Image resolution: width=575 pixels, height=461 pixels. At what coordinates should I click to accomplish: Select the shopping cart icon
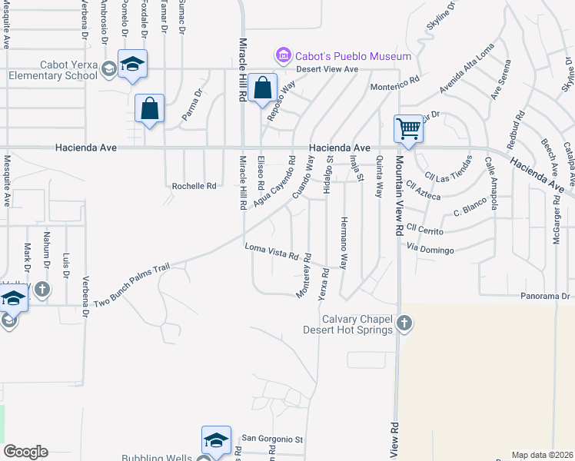408,128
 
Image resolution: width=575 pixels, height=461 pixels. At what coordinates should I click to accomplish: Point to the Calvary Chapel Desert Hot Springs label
357,325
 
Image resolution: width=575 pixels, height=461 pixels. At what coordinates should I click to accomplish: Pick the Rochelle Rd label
194,186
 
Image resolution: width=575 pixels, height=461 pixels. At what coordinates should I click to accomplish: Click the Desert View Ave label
330,69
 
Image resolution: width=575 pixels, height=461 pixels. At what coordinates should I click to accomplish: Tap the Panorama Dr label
543,296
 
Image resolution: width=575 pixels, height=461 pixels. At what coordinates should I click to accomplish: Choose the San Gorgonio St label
273,439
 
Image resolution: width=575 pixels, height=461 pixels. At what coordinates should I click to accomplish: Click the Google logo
25,452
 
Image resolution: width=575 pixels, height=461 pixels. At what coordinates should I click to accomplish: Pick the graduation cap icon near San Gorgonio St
216,439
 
